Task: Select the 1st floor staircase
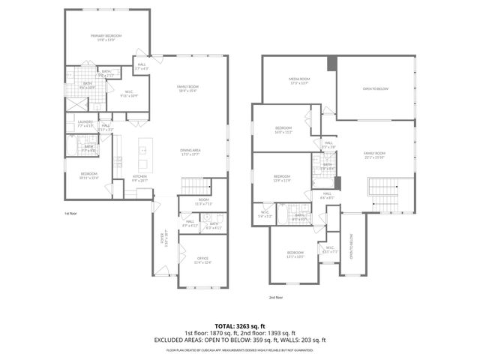[x=193, y=186]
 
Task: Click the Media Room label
[x=299, y=80]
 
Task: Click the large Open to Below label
[x=376, y=88]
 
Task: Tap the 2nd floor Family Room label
[x=374, y=154]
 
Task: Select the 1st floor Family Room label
[x=187, y=88]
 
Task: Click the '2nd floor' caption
[x=277, y=297]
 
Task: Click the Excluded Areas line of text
[x=239, y=340]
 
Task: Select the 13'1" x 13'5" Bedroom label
[x=295, y=254]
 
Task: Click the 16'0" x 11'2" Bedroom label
[x=283, y=130]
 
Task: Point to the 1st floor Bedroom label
[x=89, y=175]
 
